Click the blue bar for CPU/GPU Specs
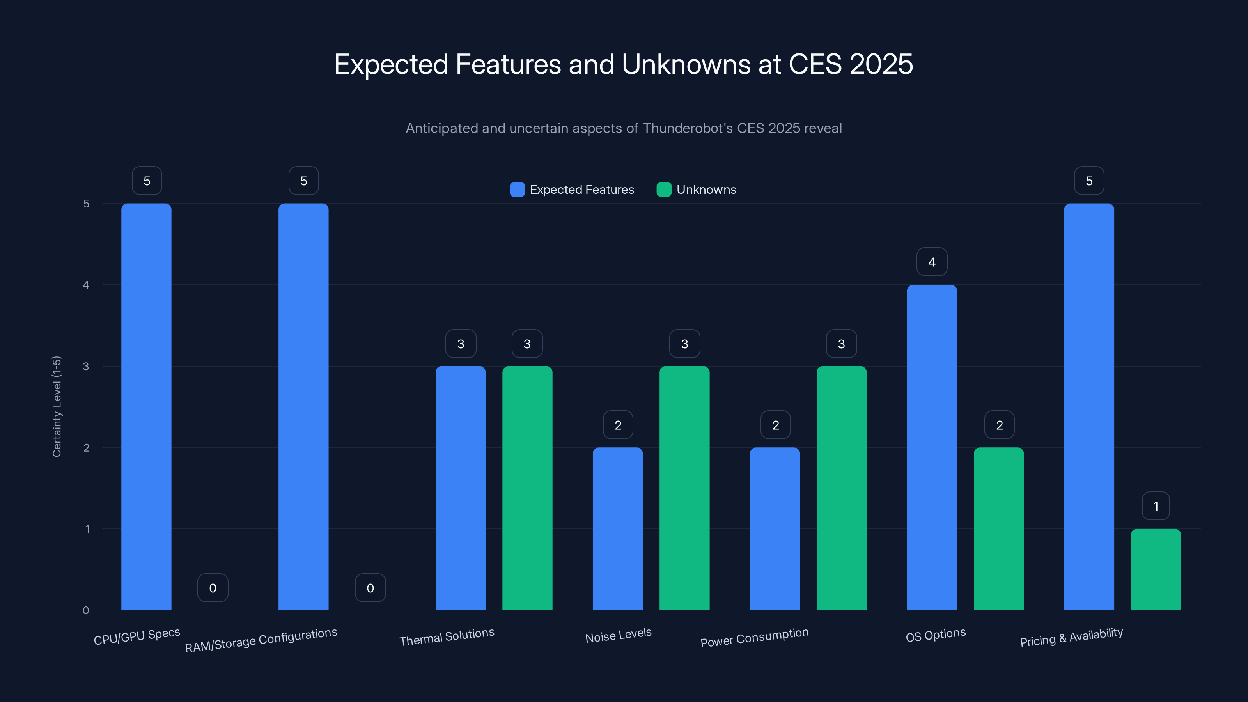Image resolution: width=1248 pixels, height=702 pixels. coord(146,407)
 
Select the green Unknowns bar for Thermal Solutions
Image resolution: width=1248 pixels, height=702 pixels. coord(527,488)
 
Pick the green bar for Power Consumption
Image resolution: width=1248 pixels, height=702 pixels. coord(842,488)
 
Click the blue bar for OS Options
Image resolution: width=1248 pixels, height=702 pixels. coord(932,447)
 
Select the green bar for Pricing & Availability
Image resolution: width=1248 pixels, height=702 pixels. coord(1156,569)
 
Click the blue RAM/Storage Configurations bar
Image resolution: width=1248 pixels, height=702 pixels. coord(303,407)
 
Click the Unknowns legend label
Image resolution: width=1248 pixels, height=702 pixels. coord(706,190)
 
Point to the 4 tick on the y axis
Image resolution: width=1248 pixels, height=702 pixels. coord(86,285)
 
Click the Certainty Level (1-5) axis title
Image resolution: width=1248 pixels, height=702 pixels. coord(57,406)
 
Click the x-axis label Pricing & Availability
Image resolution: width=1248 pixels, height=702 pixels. coord(1071,637)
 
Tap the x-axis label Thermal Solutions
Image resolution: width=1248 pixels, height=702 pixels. coord(447,636)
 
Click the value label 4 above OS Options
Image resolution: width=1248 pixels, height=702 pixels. coord(932,262)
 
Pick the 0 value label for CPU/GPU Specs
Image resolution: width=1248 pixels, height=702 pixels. coord(213,588)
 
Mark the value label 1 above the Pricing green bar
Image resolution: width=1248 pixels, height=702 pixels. coord(1156,506)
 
